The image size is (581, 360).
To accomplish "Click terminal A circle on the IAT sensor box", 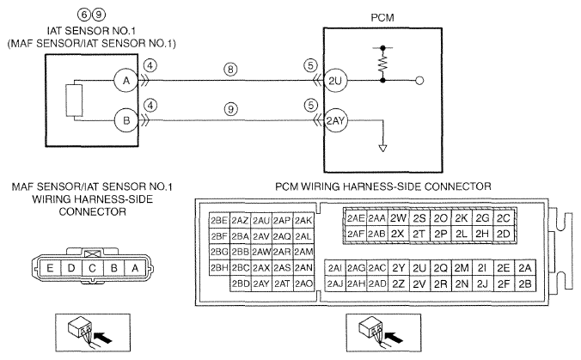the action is click(126, 81).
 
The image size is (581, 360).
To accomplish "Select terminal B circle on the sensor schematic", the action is click(126, 120).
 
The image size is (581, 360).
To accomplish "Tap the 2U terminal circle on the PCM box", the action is click(335, 81).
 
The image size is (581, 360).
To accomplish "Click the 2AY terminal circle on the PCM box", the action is click(335, 121).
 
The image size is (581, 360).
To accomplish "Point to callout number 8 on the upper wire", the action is click(230, 70).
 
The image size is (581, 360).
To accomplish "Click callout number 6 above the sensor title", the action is click(84, 15).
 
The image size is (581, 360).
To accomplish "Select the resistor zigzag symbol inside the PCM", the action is click(382, 64).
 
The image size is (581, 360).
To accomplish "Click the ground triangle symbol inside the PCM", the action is click(382, 148).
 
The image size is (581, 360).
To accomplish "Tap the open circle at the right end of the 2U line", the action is click(419, 81).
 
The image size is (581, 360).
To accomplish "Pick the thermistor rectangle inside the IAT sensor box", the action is click(74, 101).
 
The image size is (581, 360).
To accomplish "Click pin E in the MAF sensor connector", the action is click(50, 267).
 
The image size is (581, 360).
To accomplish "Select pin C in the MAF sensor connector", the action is click(93, 267).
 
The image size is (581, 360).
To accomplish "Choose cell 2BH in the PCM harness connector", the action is click(219, 267).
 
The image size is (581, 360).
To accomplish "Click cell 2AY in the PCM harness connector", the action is click(261, 284).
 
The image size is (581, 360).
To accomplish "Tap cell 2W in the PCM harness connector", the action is click(398, 218).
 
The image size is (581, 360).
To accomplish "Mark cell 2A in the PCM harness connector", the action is click(525, 268).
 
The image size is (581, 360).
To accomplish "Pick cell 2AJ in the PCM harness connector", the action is click(335, 284).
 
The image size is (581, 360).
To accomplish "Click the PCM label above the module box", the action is click(382, 17).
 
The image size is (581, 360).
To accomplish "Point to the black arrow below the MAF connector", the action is click(103, 338).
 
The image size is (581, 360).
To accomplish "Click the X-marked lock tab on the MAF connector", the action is click(91, 254).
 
